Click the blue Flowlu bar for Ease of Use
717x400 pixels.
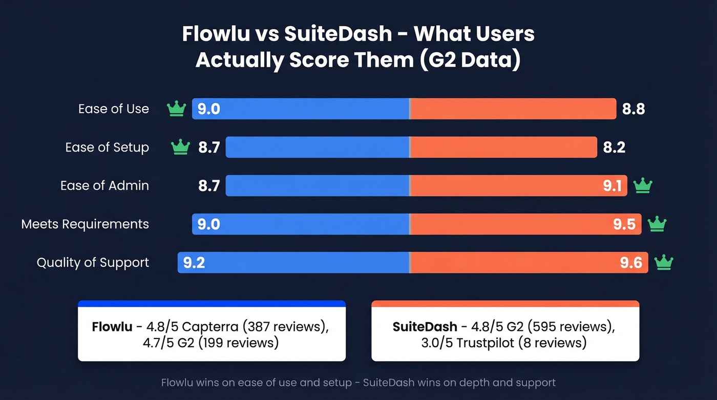point(307,109)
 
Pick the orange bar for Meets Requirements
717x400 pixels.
point(512,224)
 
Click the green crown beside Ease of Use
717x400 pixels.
point(176,109)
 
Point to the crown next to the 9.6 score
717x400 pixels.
point(664,262)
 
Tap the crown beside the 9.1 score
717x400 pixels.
point(642,185)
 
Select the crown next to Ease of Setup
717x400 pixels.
point(180,148)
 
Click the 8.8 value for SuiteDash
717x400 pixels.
point(633,109)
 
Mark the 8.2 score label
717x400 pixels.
point(614,148)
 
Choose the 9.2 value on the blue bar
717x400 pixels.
point(194,263)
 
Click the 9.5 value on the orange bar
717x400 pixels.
point(624,224)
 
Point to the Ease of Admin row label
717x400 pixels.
point(104,185)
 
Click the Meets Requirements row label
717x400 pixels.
point(85,224)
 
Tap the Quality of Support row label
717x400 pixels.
point(93,262)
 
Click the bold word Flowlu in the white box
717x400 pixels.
point(112,327)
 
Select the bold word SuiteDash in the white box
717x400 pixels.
point(425,327)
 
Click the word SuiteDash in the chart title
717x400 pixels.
point(338,34)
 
